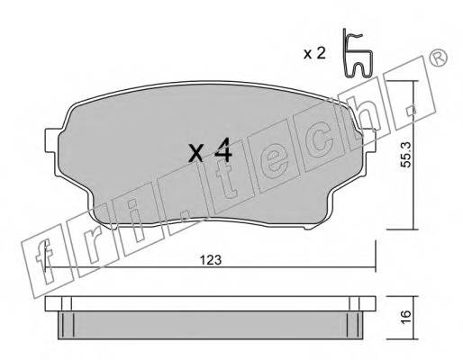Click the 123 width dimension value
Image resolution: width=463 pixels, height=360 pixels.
pos(211,260)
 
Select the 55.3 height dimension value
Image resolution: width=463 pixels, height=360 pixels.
pos(406,155)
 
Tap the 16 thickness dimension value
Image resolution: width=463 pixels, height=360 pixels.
pos(405,318)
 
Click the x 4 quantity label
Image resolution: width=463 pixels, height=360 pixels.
pos(210,150)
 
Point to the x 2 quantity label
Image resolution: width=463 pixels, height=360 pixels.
pos(314,54)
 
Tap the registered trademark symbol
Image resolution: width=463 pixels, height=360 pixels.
pos(438,58)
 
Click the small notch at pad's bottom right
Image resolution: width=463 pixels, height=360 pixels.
pos(308,228)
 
